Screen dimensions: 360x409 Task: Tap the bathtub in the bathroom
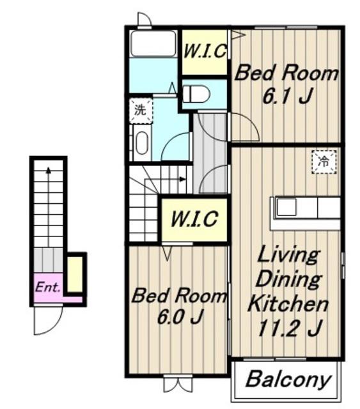click(153, 43)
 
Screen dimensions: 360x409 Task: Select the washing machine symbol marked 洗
click(141, 111)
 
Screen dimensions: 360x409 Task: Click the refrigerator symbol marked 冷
click(324, 162)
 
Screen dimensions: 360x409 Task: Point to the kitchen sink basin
click(286, 207)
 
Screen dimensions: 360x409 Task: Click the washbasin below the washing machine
click(142, 143)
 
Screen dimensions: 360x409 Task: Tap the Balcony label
click(288, 380)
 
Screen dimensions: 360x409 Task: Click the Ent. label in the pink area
click(48, 288)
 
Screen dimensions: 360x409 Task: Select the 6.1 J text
click(288, 95)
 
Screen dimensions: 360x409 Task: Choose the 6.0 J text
click(180, 317)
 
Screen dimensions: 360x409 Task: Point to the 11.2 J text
click(288, 328)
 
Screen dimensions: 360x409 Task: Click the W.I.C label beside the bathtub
click(205, 51)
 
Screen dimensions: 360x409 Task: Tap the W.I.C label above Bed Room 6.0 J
click(194, 219)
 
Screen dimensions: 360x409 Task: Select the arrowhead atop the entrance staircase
click(49, 170)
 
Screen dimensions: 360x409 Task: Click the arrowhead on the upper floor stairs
click(183, 179)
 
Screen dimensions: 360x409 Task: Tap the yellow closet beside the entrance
click(75, 274)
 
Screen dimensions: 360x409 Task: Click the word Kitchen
click(288, 304)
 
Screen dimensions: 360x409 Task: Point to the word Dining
click(288, 279)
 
